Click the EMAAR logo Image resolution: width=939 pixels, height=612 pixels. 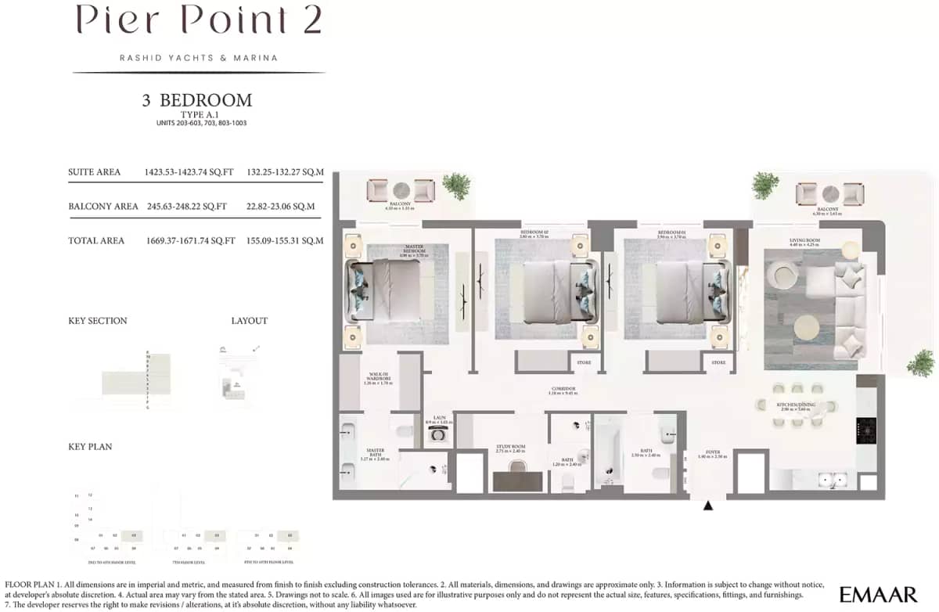click(x=878, y=594)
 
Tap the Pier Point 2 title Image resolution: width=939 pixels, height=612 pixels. click(x=199, y=21)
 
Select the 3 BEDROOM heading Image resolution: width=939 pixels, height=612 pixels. click(x=197, y=100)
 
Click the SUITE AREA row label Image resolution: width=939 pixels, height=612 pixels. click(x=94, y=172)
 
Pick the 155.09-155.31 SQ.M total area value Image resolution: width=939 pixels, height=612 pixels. click(x=285, y=241)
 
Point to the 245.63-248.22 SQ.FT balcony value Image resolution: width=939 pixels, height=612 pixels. click(x=187, y=207)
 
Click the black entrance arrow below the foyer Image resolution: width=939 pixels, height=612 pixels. click(x=708, y=506)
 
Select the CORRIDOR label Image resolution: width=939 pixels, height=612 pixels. click(x=563, y=390)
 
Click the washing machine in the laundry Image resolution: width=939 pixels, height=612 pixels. click(x=439, y=433)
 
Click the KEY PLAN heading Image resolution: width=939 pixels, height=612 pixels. click(x=90, y=447)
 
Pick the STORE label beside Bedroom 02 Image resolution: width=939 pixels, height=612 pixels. click(x=584, y=362)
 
